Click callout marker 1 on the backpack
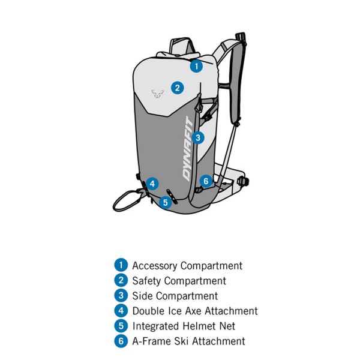pos(196,66)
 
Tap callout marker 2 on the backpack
pos(176,88)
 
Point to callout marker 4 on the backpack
pos(153,184)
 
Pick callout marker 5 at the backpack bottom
pos(166,202)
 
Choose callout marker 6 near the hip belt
pos(206,181)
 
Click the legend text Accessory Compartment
pos(187,265)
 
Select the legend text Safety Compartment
pos(179,281)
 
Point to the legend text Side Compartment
pos(175,296)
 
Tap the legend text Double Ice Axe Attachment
pos(194,311)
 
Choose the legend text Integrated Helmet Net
pos(184,326)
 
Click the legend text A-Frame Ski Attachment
pos(188,341)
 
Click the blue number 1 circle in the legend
pos(121,265)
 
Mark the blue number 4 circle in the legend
pos(121,311)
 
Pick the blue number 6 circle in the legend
pos(121,341)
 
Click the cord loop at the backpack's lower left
pos(124,201)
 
